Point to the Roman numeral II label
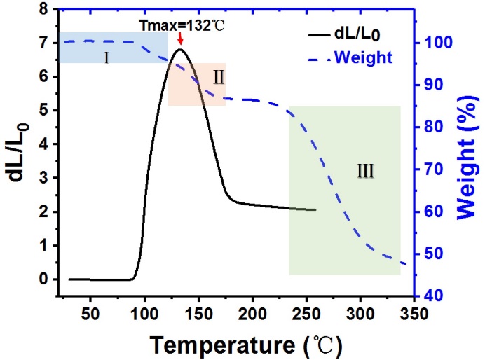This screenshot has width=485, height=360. (x=218, y=77)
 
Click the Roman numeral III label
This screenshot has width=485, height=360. (x=365, y=170)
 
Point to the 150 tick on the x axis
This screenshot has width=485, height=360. (x=198, y=311)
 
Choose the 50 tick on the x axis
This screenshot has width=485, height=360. (x=90, y=311)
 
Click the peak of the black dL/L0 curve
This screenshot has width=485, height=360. (x=180, y=49)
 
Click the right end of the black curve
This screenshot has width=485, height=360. (x=316, y=209)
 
